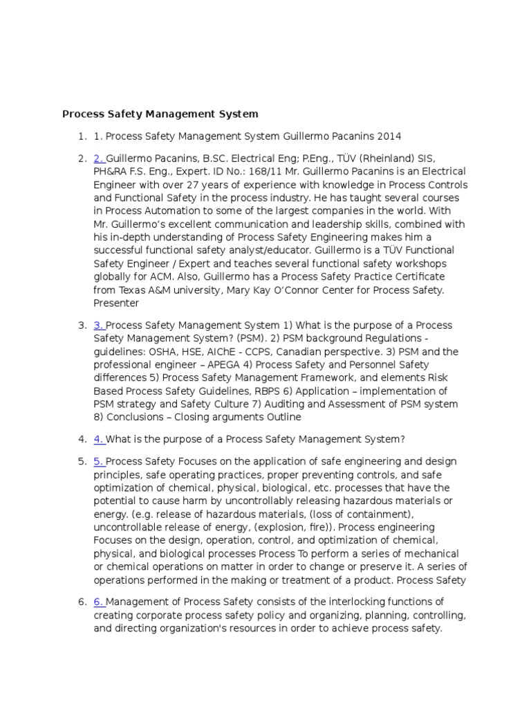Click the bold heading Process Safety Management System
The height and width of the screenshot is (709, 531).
tap(160, 114)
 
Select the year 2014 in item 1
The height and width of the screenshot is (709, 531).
tap(388, 136)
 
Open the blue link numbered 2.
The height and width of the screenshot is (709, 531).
tap(99, 159)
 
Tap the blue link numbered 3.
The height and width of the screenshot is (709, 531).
tap(99, 325)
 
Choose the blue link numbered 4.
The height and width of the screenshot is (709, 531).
tap(99, 438)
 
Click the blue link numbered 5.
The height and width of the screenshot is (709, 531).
tap(99, 461)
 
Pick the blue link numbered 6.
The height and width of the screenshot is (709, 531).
tap(99, 602)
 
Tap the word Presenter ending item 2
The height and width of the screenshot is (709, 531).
tap(116, 303)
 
